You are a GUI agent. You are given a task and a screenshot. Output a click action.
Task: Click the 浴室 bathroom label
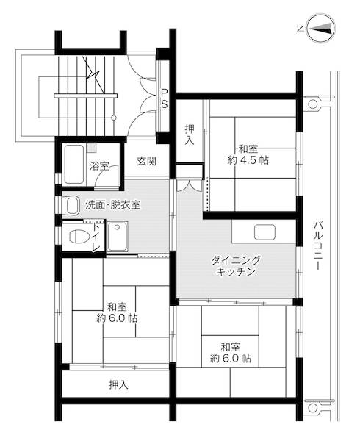(x=99, y=166)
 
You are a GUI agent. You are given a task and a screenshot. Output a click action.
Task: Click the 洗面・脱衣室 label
(x=112, y=204)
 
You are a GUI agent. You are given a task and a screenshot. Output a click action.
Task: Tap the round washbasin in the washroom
(x=72, y=205)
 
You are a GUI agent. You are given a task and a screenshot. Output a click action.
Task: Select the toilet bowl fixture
(x=76, y=237)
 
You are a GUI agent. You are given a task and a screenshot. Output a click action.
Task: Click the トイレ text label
(x=96, y=237)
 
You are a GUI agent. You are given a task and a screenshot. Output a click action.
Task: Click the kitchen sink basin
(x=264, y=233)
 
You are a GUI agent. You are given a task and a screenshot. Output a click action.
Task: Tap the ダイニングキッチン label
(x=236, y=266)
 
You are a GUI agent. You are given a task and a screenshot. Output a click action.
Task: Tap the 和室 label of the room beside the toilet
(x=116, y=306)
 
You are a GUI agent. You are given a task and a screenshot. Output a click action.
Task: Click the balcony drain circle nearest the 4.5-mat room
(x=313, y=104)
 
